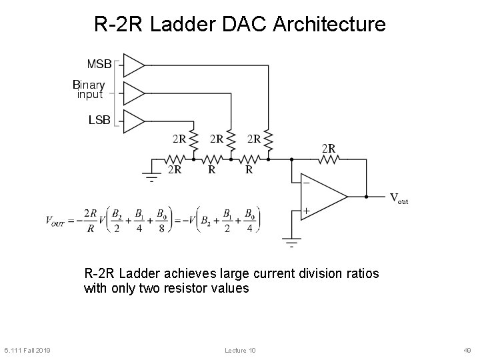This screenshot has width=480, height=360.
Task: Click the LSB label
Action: (x=99, y=121)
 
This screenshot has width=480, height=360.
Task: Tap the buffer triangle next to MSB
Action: (x=133, y=65)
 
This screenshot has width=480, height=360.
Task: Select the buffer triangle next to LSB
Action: (x=133, y=121)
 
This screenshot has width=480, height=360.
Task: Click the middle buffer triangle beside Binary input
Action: (x=133, y=93)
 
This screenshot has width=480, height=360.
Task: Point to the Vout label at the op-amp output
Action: (x=398, y=198)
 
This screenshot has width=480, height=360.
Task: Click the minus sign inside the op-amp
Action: (x=306, y=182)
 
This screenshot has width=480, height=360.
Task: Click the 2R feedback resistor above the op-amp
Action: (x=329, y=159)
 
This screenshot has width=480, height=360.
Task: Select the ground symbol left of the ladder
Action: (x=152, y=175)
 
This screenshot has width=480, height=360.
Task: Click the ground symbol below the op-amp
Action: (x=291, y=241)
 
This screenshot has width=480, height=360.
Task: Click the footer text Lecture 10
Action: (x=240, y=351)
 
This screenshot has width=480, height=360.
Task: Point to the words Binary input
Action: (x=89, y=89)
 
